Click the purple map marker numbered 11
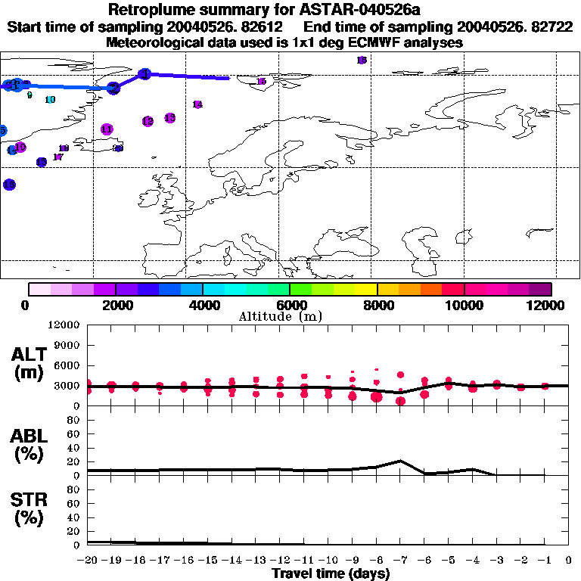(x=107, y=129)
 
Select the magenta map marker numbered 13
(x=169, y=118)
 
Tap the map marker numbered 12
(x=148, y=121)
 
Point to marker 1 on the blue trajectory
(x=145, y=73)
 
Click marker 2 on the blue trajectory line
(x=113, y=88)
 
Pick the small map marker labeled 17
(x=57, y=157)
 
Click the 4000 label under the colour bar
(x=203, y=305)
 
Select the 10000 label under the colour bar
(x=464, y=305)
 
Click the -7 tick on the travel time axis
(x=401, y=561)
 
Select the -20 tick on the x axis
(x=88, y=561)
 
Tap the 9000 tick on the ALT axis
(x=69, y=345)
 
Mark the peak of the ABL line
(x=401, y=460)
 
